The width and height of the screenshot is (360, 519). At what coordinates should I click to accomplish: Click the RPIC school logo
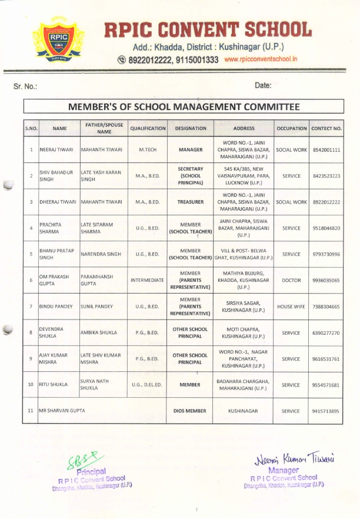coord(58,38)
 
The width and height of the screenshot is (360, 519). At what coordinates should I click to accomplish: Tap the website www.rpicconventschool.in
coord(261,59)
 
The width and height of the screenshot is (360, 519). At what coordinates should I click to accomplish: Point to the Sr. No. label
coord(25,86)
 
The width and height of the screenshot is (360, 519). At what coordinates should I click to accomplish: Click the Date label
coord(263,85)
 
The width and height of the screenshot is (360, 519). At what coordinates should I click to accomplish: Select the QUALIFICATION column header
coord(148,128)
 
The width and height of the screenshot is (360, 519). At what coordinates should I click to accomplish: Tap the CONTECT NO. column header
coord(326,128)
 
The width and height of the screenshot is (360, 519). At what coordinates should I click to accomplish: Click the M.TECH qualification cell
coord(148,150)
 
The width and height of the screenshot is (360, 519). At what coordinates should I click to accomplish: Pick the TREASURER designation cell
coord(190,202)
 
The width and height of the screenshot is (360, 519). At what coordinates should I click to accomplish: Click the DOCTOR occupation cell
coord(291,281)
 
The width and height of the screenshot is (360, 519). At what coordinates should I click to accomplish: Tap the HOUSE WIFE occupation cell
coord(291,307)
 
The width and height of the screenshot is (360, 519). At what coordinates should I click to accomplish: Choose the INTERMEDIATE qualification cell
coord(148,281)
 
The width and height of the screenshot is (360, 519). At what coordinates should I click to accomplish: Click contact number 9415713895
coord(326,411)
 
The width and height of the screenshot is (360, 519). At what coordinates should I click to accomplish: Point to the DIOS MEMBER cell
coord(190,411)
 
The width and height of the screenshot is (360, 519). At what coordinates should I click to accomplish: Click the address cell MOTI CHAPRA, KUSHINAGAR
coord(244,332)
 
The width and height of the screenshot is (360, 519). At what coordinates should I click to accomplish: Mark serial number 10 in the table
coord(31,385)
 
